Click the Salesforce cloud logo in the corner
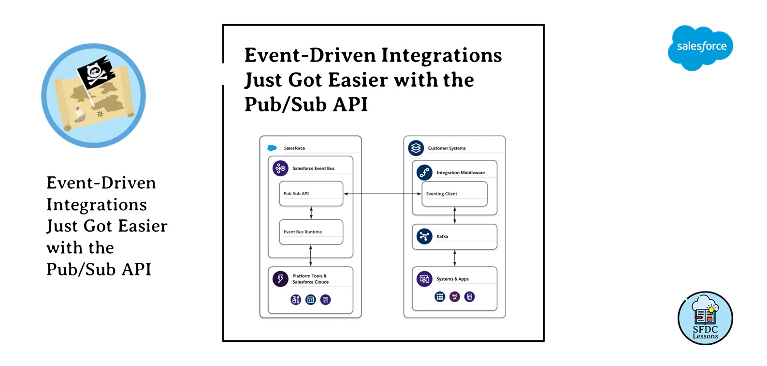pos(700,47)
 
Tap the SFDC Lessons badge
pos(705,318)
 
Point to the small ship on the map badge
pos(79,115)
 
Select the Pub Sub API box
pos(311,194)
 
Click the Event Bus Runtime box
pos(311,232)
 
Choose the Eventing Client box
pos(454,194)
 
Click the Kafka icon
pos(424,236)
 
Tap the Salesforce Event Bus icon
pos(280,168)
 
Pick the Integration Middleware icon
pos(424,172)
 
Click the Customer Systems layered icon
pos(416,148)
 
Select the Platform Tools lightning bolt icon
pos(280,279)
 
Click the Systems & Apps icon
pos(424,279)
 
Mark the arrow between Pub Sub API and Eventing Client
pos(382,194)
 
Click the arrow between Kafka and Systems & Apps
pos(455,258)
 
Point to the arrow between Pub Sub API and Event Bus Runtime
pos(311,213)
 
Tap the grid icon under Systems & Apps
pos(440,297)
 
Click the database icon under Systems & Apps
pos(469,297)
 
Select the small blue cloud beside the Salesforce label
pos(272,148)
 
